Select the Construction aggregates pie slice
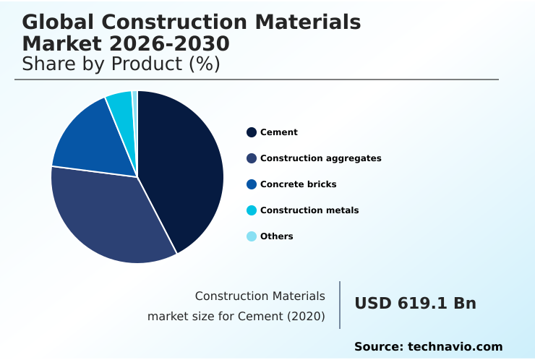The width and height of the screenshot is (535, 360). [108, 217]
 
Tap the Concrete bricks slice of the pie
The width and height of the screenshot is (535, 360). [90, 137]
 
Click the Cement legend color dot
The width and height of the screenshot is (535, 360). [252, 132]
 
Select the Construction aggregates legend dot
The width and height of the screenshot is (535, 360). [252, 158]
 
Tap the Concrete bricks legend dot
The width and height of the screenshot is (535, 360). [252, 184]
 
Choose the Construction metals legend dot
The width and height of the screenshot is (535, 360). [252, 210]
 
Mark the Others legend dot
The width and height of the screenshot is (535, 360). [252, 236]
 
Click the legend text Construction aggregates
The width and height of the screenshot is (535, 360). [320, 158]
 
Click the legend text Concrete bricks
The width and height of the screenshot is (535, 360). [298, 184]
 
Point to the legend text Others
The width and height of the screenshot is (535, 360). [276, 236]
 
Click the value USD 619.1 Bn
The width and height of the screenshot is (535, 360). [415, 304]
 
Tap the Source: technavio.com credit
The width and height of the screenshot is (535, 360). [428, 347]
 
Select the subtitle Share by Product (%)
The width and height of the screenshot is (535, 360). [121, 64]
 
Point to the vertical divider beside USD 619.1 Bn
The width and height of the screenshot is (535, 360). [340, 305]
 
